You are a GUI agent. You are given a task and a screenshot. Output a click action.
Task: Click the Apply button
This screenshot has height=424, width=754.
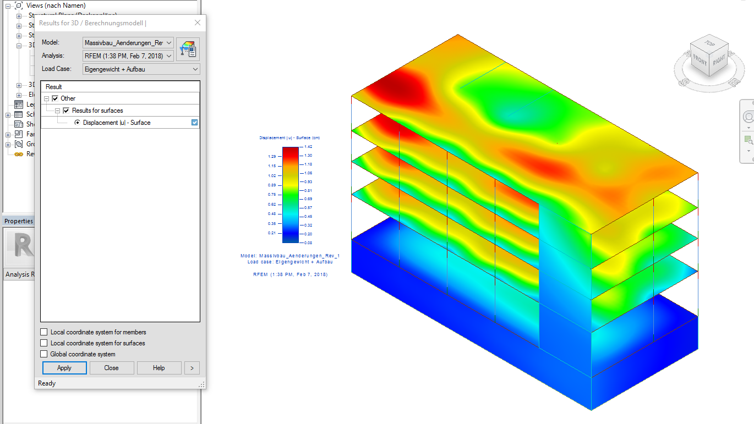(64, 368)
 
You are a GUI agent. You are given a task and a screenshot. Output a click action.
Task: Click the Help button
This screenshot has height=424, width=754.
(159, 368)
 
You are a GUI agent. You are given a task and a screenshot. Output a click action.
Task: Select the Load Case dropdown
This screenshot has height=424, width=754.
(141, 69)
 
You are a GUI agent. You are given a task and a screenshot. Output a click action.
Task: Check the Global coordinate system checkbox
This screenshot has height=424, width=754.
(44, 354)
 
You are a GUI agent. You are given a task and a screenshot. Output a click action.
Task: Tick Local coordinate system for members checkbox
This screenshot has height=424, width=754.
(44, 332)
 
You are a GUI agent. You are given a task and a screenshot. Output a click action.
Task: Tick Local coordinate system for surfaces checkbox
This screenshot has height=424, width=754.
(44, 343)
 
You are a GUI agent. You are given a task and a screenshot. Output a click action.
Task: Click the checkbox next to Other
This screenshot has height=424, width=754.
(55, 98)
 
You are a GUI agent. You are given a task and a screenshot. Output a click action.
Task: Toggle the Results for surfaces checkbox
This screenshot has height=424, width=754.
(67, 111)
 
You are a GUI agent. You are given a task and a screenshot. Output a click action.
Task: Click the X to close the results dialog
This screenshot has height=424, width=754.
(198, 23)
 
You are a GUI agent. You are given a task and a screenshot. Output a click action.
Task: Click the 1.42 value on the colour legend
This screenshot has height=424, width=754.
(308, 147)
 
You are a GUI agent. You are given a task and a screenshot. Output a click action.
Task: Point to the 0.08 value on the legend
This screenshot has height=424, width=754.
(308, 243)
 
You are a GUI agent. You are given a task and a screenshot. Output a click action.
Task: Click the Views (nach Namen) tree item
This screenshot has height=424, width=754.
(56, 5)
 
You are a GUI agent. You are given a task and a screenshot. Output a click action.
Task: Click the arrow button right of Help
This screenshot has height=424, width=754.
(192, 368)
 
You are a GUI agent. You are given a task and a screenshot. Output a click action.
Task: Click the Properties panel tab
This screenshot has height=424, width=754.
(19, 221)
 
